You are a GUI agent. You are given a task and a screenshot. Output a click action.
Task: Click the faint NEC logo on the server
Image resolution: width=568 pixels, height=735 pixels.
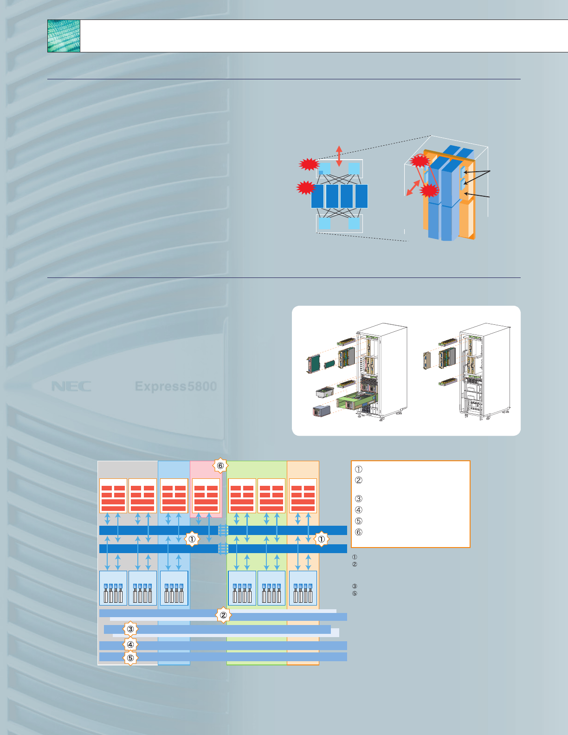[71, 387]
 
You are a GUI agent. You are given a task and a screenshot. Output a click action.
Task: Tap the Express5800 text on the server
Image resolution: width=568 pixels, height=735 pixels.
[175, 387]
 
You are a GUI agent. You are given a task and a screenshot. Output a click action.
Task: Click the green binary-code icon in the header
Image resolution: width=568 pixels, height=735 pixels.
[64, 36]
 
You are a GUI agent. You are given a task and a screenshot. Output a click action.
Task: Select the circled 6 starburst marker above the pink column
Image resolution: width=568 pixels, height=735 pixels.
[220, 466]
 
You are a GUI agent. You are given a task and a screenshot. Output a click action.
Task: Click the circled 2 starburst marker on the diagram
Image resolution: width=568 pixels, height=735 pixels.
[223, 615]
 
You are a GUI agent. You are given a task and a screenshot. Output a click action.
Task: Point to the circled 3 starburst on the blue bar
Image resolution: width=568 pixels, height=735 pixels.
[130, 629]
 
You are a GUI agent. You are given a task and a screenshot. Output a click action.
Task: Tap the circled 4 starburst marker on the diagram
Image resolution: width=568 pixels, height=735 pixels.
[130, 645]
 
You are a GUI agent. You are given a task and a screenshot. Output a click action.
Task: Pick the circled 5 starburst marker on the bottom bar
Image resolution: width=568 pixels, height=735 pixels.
[130, 658]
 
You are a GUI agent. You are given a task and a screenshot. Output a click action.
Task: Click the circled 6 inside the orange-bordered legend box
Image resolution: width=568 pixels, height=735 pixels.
[358, 532]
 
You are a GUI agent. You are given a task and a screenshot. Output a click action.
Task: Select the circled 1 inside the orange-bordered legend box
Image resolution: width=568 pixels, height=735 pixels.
[358, 469]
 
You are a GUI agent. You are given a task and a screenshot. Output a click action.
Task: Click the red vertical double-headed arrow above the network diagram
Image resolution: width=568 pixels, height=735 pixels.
[339, 156]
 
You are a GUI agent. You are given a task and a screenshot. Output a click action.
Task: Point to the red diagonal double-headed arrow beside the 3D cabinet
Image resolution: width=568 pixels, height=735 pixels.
[413, 188]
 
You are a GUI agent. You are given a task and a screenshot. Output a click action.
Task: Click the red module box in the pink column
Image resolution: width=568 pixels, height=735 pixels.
[206, 496]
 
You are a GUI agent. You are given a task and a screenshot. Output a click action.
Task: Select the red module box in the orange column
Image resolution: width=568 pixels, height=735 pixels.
[303, 496]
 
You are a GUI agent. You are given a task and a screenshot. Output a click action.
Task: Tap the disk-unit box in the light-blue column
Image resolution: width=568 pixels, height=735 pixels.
[174, 588]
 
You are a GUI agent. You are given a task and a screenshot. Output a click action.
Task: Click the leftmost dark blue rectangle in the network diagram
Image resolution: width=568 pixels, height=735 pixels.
[317, 196]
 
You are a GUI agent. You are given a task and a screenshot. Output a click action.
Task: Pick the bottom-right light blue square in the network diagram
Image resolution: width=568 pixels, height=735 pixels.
[354, 224]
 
